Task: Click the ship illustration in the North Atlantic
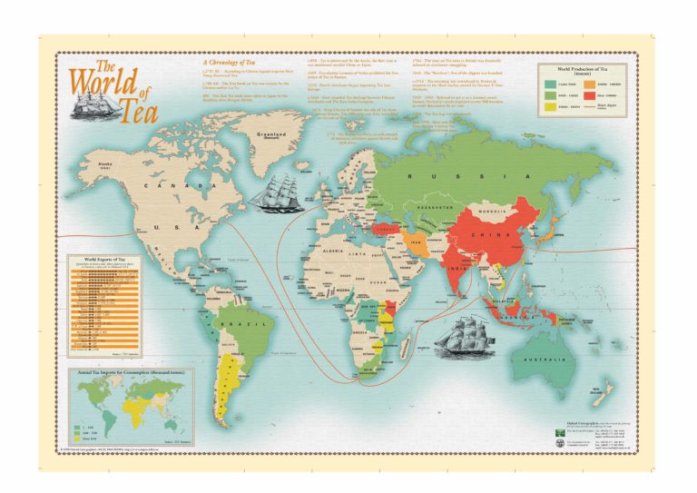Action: coord(277,192)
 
